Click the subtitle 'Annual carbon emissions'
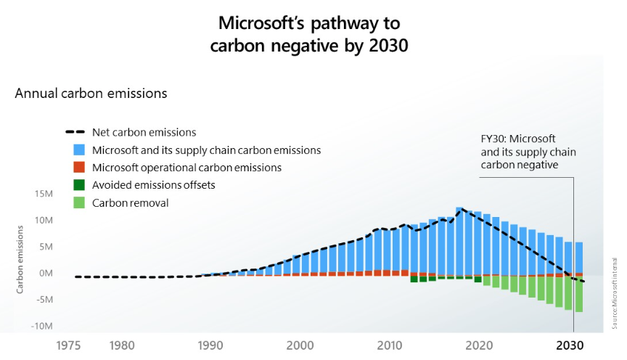[91, 94]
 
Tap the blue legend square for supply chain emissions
[78, 150]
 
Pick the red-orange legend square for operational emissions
[78, 168]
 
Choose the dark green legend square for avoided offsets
[78, 185]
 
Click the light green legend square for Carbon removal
[78, 202]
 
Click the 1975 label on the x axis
[70, 345]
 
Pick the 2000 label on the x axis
[300, 345]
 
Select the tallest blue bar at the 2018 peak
[459, 240]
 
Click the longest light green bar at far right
[579, 293]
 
